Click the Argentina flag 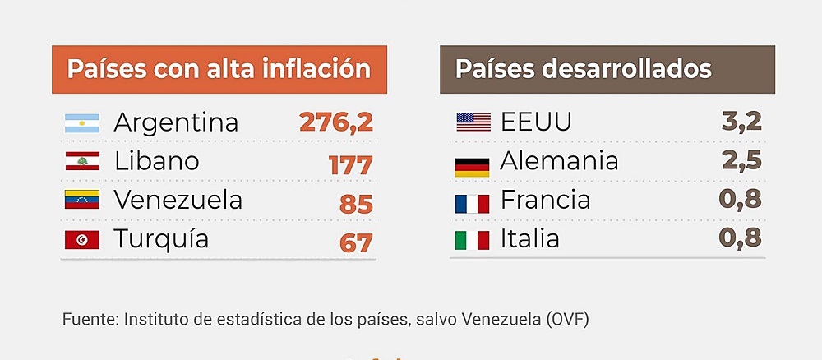81,123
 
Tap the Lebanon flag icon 81,162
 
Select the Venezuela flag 81,200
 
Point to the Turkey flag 81,240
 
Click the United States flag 473,122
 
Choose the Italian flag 472,241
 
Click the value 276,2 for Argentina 336,122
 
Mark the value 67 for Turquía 357,242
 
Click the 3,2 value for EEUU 741,122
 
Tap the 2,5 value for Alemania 741,160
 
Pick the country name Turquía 161,239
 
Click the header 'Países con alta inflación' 219,69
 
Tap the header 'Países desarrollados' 584,69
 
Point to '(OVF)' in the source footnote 568,319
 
